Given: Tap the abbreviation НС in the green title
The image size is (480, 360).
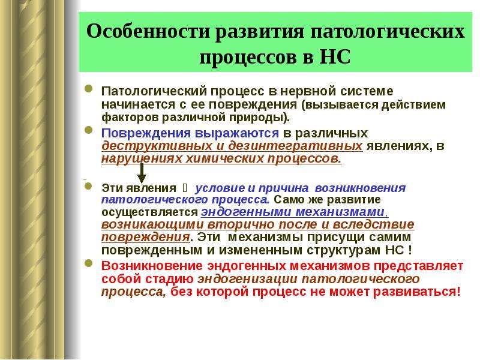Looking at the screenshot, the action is tap(335, 56).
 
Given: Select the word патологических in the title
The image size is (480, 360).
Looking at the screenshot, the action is tap(388, 31).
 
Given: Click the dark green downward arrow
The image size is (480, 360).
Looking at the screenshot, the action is tap(142, 173).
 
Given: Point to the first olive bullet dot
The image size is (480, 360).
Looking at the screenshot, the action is tap(88, 89).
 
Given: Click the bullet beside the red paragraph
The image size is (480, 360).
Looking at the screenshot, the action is tap(88, 263).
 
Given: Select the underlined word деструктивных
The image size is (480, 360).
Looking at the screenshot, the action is tap(157, 146).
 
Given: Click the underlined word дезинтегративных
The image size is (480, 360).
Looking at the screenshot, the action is tap(295, 146).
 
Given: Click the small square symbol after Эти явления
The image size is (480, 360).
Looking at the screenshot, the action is tap(185, 187).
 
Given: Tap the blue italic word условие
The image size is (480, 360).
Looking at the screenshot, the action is tap(220, 188).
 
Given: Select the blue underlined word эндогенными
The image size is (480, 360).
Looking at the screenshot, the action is tap(246, 212).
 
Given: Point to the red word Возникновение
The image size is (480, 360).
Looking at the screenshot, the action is tap(152, 266).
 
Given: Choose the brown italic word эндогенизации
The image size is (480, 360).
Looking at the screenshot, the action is tap(247, 279).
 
